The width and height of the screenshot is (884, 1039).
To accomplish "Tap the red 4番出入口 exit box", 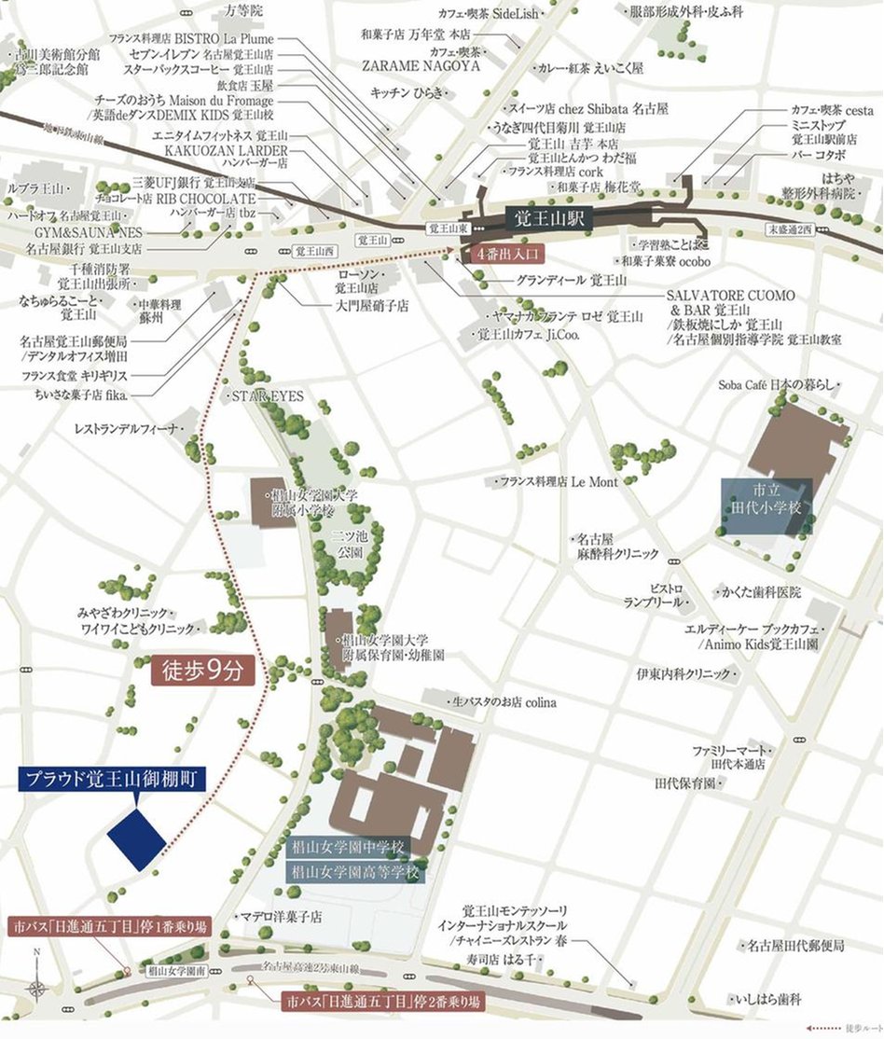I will click(504, 254).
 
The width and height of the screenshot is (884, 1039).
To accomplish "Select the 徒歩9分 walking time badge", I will click(202, 669).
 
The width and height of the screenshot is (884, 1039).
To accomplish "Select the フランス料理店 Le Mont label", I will click(558, 481).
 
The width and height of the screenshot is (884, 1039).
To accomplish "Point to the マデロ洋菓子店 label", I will click(281, 917).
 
